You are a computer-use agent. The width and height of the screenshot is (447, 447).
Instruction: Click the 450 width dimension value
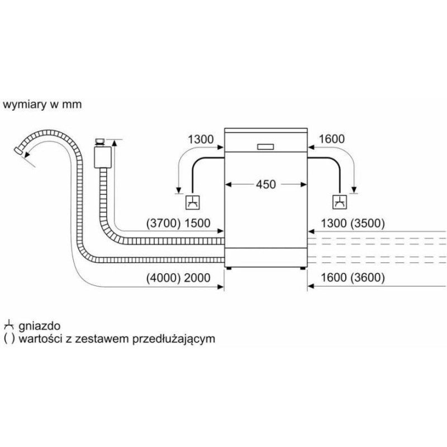[266, 184]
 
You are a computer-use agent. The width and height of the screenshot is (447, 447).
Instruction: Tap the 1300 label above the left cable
[201, 139]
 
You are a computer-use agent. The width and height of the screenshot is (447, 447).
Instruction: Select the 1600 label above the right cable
[331, 139]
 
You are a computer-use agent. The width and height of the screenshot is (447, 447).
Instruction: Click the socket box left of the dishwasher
[191, 202]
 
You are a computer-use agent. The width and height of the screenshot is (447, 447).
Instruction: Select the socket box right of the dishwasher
[339, 202]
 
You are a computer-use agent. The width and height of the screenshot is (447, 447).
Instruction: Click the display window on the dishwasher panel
[265, 146]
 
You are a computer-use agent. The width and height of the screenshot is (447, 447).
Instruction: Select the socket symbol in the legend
[8, 325]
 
